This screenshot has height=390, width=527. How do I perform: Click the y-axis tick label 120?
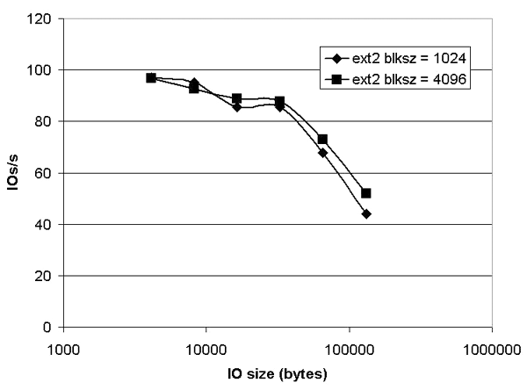[40, 18]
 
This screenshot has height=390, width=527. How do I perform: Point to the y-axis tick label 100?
[40, 70]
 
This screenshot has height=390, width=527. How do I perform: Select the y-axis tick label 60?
[43, 173]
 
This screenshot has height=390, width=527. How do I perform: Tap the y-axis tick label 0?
[47, 328]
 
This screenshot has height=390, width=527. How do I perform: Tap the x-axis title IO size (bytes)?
[277, 375]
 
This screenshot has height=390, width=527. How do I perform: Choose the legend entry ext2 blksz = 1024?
[400, 61]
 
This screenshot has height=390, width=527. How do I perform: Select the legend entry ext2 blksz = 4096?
[400, 80]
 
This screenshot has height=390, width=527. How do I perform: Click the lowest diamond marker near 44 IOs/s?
[366, 213]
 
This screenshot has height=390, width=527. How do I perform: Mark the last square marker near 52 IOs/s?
[366, 193]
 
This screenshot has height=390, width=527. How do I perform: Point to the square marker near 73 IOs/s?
[323, 139]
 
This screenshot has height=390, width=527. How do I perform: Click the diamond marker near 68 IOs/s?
[323, 152]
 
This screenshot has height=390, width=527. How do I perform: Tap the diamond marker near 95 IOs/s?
[194, 83]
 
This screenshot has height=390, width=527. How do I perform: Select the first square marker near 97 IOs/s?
[151, 77]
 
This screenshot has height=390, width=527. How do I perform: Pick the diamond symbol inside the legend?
[336, 61]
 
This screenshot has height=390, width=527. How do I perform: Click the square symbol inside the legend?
[336, 80]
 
